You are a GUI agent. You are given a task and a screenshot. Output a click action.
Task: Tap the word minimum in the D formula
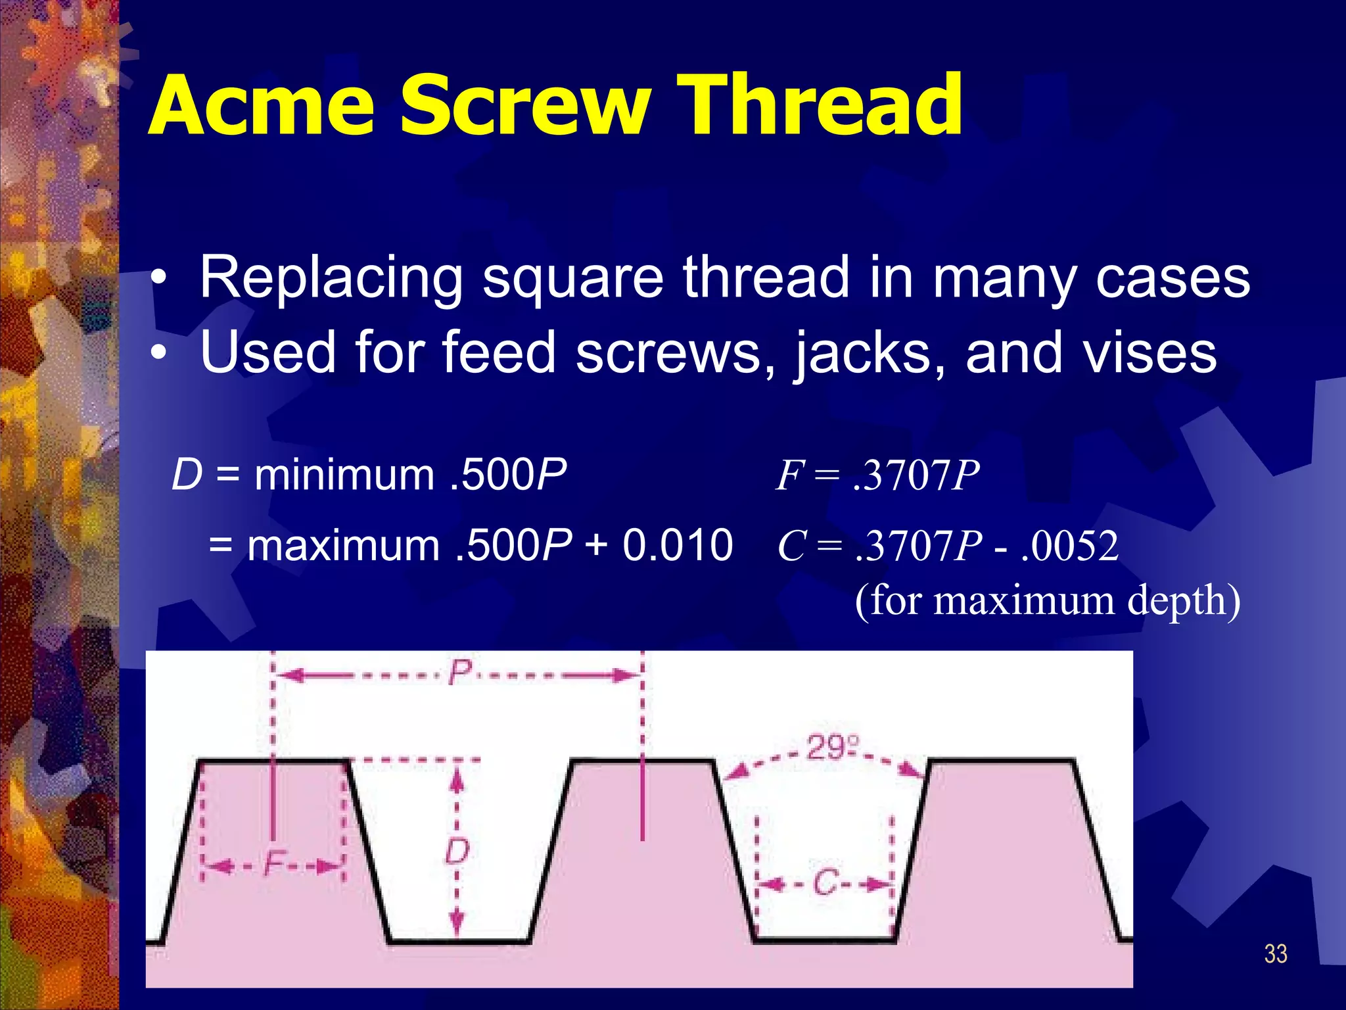click(x=344, y=475)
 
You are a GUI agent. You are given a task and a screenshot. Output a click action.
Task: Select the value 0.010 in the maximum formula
click(x=677, y=545)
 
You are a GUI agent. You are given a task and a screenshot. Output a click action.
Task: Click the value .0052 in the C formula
click(x=1070, y=546)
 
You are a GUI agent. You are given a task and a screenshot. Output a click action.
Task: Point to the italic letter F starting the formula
click(x=788, y=475)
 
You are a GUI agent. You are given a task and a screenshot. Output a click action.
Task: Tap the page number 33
click(x=1275, y=954)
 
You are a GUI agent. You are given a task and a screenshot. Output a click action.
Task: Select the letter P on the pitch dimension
click(x=460, y=673)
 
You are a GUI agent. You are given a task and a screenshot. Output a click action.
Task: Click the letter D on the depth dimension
click(x=457, y=852)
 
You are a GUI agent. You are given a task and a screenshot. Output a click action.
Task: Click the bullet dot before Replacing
click(x=158, y=279)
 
